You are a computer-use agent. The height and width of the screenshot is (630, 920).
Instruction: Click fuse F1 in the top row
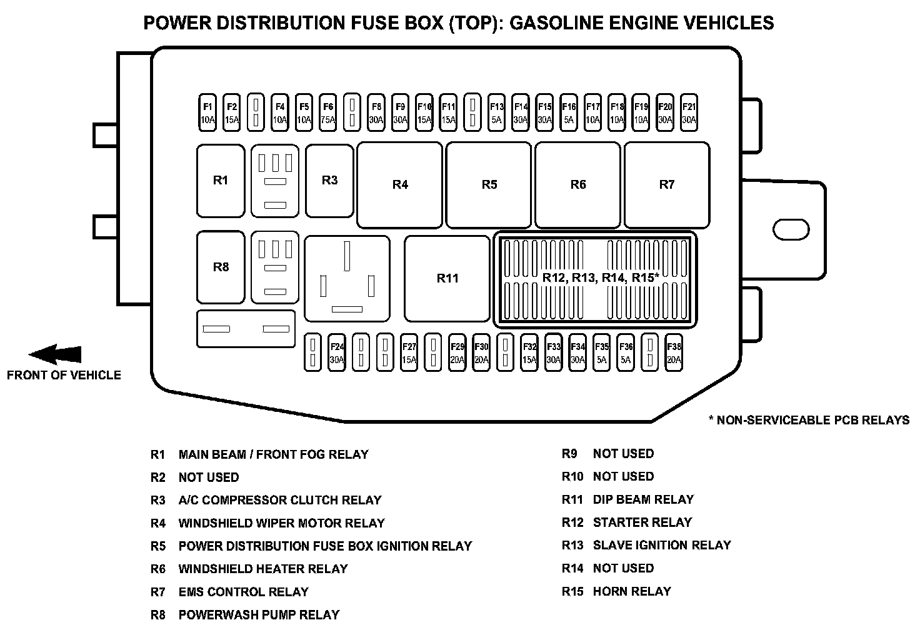click(x=207, y=112)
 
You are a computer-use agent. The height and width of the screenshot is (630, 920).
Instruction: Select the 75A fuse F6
click(x=327, y=112)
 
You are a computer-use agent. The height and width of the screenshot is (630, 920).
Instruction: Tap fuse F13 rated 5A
click(x=496, y=112)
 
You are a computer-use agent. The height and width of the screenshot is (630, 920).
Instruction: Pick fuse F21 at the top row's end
click(x=689, y=112)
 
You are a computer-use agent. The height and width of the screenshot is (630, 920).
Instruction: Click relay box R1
click(x=221, y=181)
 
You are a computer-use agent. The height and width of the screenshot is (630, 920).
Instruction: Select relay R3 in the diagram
click(x=329, y=181)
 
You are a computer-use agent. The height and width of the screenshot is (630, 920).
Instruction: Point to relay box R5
click(x=489, y=185)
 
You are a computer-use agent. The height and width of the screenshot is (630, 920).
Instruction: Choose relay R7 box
click(x=667, y=185)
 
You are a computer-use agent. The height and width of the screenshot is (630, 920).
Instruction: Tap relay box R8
click(x=221, y=267)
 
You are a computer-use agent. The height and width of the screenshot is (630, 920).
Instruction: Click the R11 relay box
click(x=447, y=278)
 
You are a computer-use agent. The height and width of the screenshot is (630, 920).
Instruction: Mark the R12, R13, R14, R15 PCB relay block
click(x=595, y=279)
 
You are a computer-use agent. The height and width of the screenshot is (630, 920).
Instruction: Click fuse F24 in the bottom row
click(x=337, y=353)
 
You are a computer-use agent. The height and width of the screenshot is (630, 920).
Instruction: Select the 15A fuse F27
click(x=409, y=353)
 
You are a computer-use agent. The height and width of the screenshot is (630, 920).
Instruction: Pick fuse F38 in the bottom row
click(x=673, y=353)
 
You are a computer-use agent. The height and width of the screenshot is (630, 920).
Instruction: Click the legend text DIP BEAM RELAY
click(x=643, y=499)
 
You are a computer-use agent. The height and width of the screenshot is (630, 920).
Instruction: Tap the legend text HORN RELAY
click(x=631, y=591)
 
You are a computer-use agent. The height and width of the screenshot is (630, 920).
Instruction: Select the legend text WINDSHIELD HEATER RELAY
click(x=262, y=569)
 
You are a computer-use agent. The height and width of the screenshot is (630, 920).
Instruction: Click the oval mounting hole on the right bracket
click(x=791, y=229)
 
